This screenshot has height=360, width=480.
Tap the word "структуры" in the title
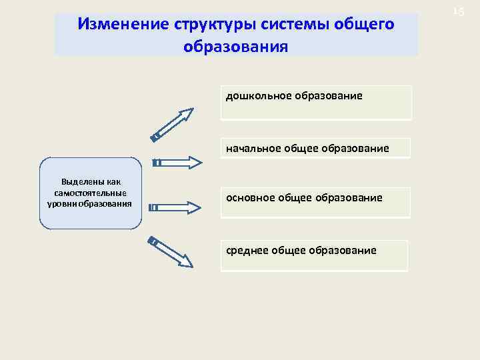209,25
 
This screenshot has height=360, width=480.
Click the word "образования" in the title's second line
236,47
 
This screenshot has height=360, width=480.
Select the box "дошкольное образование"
316,103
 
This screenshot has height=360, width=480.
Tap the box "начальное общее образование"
316,147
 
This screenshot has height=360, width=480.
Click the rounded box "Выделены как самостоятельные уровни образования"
91,193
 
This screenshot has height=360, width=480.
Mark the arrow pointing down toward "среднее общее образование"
171,252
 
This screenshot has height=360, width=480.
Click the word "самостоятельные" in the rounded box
91,193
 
